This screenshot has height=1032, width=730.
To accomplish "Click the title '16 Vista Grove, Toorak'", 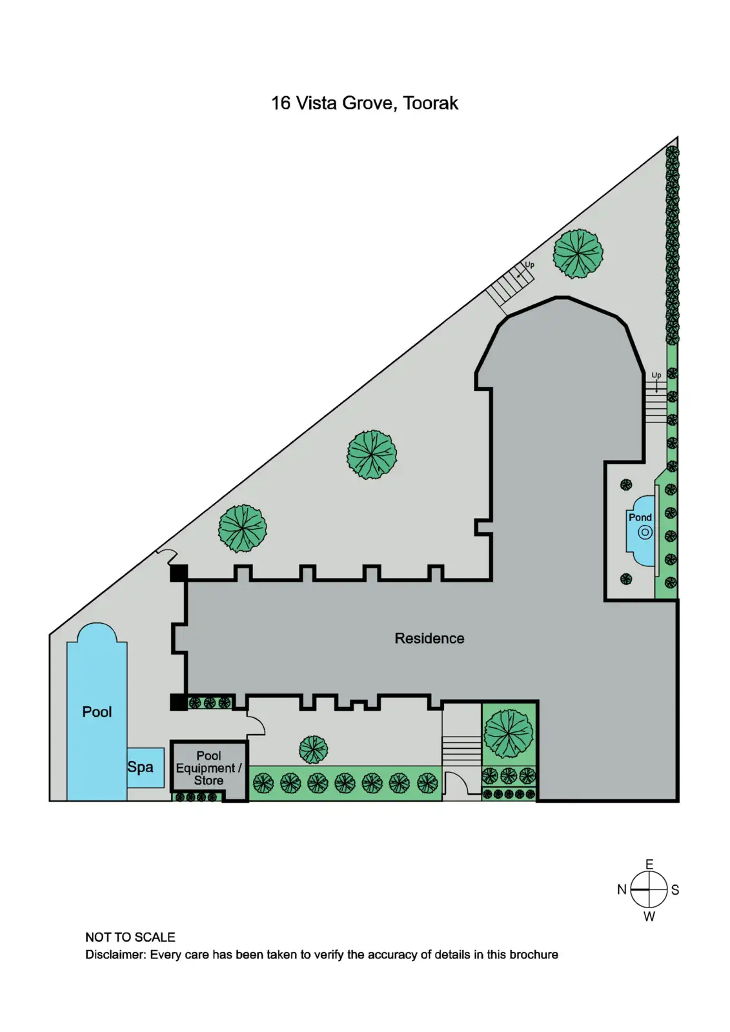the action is click(x=365, y=103).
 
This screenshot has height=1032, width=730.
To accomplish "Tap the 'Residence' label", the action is click(x=429, y=639).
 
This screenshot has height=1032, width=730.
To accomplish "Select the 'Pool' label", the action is click(x=97, y=712).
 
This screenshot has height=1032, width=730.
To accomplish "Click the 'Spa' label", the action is click(x=140, y=767).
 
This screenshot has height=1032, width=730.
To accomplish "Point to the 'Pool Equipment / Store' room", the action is click(x=208, y=768).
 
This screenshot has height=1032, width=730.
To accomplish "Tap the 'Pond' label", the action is click(x=640, y=517).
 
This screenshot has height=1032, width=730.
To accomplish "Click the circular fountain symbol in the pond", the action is click(x=645, y=533).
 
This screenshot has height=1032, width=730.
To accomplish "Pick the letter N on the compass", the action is click(x=622, y=890).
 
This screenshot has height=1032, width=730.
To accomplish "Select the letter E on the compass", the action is click(x=649, y=864).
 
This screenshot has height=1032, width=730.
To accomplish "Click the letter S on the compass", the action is click(x=675, y=890).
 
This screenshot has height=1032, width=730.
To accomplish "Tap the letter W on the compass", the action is click(x=649, y=917).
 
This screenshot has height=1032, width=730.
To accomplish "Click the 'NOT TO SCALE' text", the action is click(x=130, y=937).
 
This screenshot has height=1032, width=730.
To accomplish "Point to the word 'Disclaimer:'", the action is click(x=116, y=955).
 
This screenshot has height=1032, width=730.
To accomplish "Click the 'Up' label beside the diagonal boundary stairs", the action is click(x=529, y=265).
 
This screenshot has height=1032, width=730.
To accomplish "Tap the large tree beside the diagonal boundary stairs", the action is click(x=578, y=253).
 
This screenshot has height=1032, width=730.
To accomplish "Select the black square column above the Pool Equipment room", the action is click(x=179, y=702).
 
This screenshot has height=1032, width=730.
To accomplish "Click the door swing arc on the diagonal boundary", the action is click(x=167, y=554).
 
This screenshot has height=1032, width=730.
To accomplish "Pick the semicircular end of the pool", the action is click(x=97, y=633).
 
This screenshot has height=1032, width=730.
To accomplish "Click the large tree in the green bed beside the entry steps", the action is click(x=509, y=733).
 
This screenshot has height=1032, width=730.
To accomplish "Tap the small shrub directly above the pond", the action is click(x=626, y=484).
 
